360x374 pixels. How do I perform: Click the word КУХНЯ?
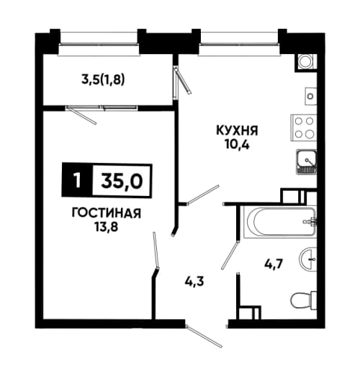pos(237,131)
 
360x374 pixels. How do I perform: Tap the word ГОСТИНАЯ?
pos(107,213)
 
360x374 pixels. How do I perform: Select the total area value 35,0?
pos(122,181)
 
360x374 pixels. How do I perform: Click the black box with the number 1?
pos(77,180)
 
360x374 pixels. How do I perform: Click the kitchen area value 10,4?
pos(237,145)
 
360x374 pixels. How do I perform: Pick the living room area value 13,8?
pos(107,227)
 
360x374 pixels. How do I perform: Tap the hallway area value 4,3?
pos(194,281)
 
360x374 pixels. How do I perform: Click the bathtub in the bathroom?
pos(279,221)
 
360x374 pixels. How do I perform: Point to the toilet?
pos(304,300)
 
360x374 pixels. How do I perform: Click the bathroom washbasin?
pos(308,259)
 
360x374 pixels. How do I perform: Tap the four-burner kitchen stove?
pos(304,128)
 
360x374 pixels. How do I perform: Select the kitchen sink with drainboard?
pos(306,161)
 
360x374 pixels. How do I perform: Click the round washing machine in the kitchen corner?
pos(305,62)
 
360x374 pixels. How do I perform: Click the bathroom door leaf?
pos(230,254)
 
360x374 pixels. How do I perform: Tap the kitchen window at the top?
pos(239,44)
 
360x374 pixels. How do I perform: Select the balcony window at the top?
pos(99,44)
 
